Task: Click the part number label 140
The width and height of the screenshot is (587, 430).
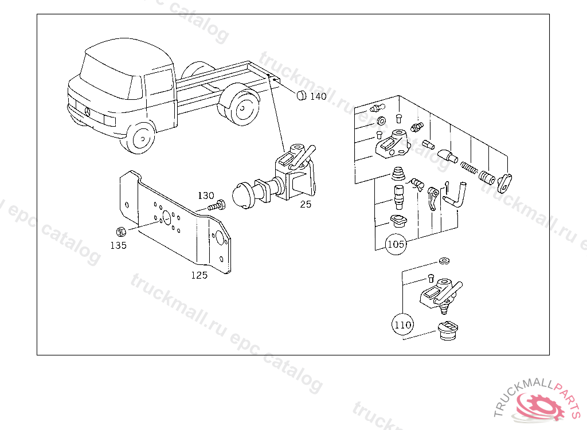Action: point(318,96)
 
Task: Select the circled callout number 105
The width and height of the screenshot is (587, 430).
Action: point(396,244)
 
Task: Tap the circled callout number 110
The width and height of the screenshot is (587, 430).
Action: point(403,325)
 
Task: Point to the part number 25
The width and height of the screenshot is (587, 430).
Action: point(306,204)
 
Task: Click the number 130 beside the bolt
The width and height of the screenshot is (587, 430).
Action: point(206,196)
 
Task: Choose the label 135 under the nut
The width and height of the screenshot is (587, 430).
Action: point(118,245)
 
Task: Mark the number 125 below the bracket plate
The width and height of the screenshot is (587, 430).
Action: point(199,275)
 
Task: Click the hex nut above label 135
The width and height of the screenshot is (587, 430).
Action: point(120,232)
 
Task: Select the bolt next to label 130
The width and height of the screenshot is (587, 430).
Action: point(217,205)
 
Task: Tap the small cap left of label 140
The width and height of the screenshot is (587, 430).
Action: point(302,95)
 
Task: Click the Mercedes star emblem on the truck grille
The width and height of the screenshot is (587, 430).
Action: point(87,112)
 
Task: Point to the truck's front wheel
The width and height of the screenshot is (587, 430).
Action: point(141,138)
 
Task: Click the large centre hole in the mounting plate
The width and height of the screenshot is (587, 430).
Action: point(167,218)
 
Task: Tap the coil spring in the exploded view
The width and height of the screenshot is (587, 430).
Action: point(469,167)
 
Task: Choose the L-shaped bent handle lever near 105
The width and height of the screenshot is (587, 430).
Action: point(455,194)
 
